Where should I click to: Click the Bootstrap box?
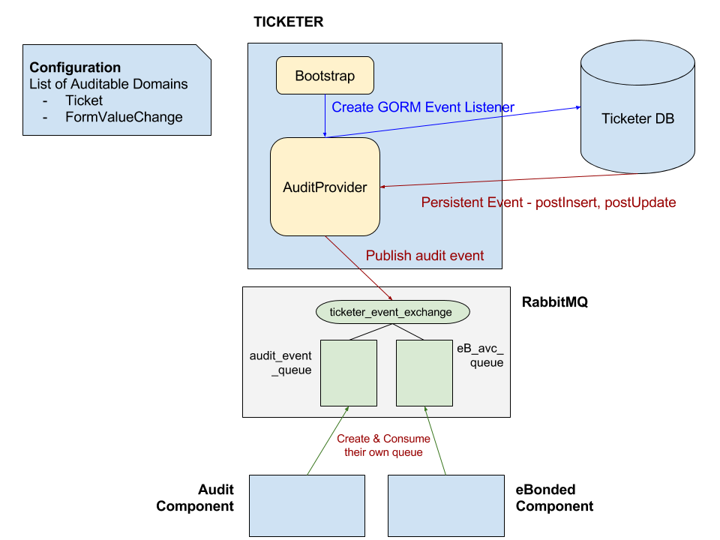click(x=325, y=76)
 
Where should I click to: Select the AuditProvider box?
click(x=325, y=187)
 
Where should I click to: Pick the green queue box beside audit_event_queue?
click(x=349, y=373)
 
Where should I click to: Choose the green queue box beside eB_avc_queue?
click(x=424, y=373)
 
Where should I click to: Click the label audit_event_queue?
click(x=280, y=363)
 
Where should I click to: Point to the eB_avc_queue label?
click(x=480, y=355)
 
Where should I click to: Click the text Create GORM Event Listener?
click(x=423, y=107)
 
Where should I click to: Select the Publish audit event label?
click(x=424, y=256)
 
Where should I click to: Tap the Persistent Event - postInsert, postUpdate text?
click(x=548, y=202)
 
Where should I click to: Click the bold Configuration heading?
click(x=75, y=68)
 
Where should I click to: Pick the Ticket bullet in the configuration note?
click(x=84, y=100)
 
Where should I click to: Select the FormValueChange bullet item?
click(x=124, y=117)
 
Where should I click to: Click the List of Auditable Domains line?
click(x=109, y=84)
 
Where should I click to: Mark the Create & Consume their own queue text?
click(x=383, y=445)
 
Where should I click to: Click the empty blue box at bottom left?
click(x=307, y=505)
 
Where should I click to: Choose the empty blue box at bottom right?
click(x=445, y=505)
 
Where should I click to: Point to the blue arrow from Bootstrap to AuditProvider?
click(x=324, y=115)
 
